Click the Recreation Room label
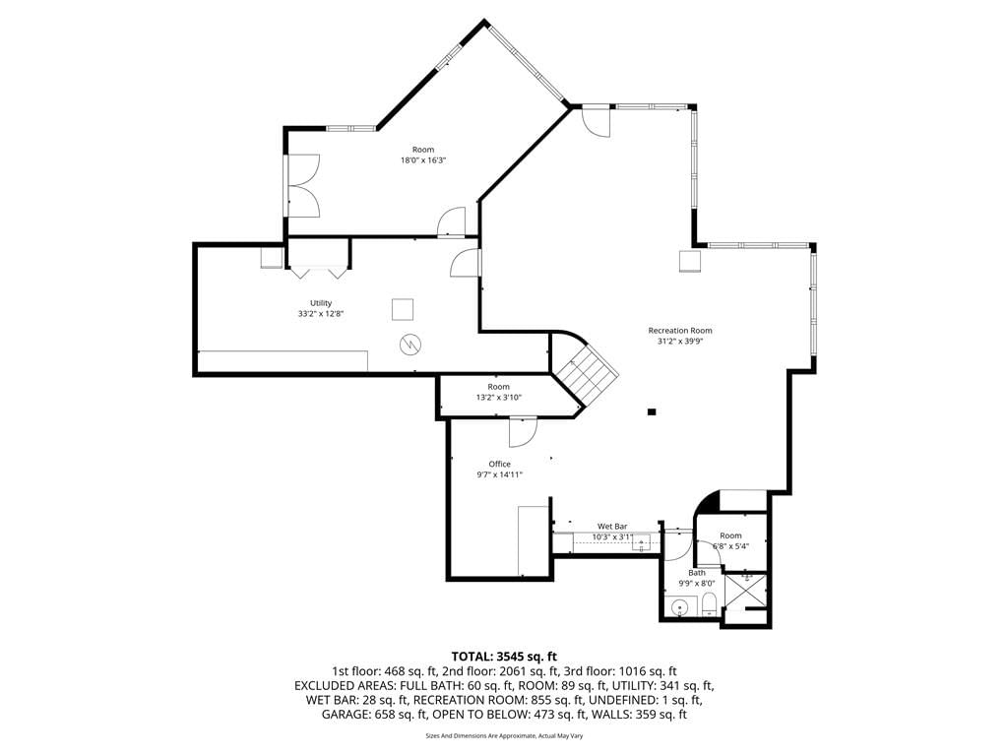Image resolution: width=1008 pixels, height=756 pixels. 679,331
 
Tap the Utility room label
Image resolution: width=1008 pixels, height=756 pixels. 321,303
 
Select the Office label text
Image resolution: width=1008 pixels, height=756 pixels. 499,464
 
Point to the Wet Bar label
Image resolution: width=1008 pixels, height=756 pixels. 612,526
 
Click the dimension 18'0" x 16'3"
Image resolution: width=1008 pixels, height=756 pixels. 423,160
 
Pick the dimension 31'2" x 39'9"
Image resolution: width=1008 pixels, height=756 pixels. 679,342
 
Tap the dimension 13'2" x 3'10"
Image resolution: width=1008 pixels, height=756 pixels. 498,398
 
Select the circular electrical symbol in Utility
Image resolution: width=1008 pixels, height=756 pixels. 409,346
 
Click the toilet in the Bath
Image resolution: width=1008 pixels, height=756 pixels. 709,605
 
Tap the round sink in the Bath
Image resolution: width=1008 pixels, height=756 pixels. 679,606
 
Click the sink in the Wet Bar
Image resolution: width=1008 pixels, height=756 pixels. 641,543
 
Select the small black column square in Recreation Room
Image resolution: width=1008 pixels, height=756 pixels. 652,411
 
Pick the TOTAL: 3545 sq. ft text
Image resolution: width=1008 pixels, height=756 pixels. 504,657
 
